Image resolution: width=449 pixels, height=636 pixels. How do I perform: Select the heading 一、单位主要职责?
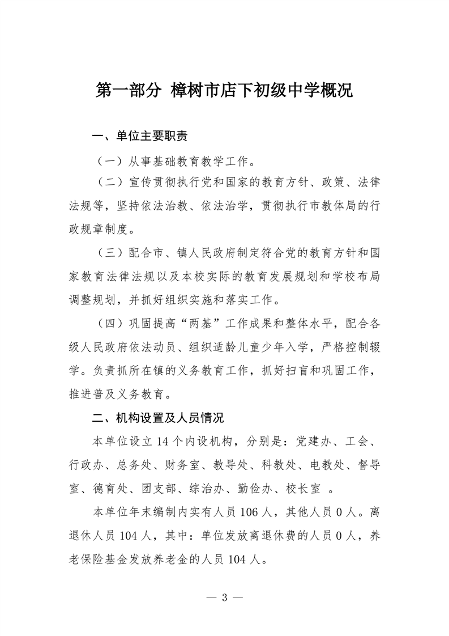tap(139, 137)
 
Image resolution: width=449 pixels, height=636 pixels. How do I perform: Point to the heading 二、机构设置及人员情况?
tap(159, 418)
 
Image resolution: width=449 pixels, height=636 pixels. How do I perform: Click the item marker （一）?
tap(110, 162)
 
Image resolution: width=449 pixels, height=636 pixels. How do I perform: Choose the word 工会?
tap(362, 443)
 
